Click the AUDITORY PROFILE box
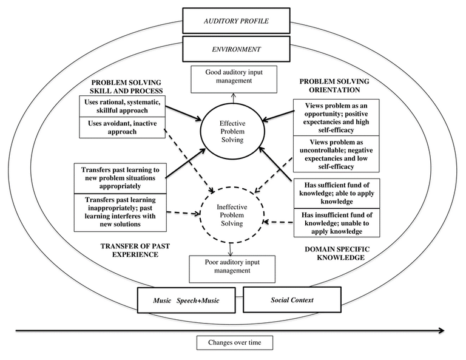point(234,21)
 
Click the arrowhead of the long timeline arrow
point(448,330)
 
